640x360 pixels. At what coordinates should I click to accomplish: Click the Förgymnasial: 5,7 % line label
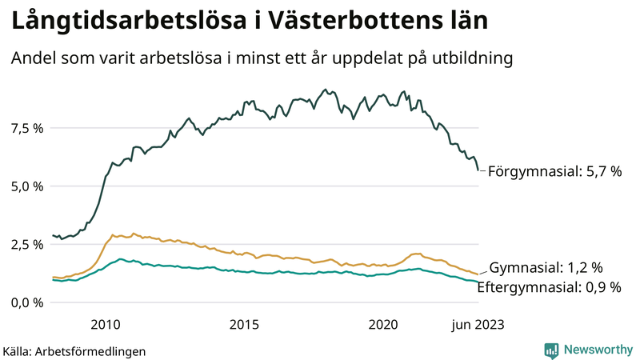pyautogui.click(x=554, y=171)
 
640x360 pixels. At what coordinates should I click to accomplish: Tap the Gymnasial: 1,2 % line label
pyautogui.click(x=546, y=267)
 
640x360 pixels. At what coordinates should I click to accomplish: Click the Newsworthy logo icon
pyautogui.click(x=551, y=350)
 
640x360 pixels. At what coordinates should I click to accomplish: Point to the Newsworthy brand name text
pyautogui.click(x=597, y=350)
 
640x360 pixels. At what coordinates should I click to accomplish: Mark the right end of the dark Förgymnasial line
pyautogui.click(x=478, y=170)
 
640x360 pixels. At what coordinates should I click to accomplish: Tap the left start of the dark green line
pyautogui.click(x=53, y=235)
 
